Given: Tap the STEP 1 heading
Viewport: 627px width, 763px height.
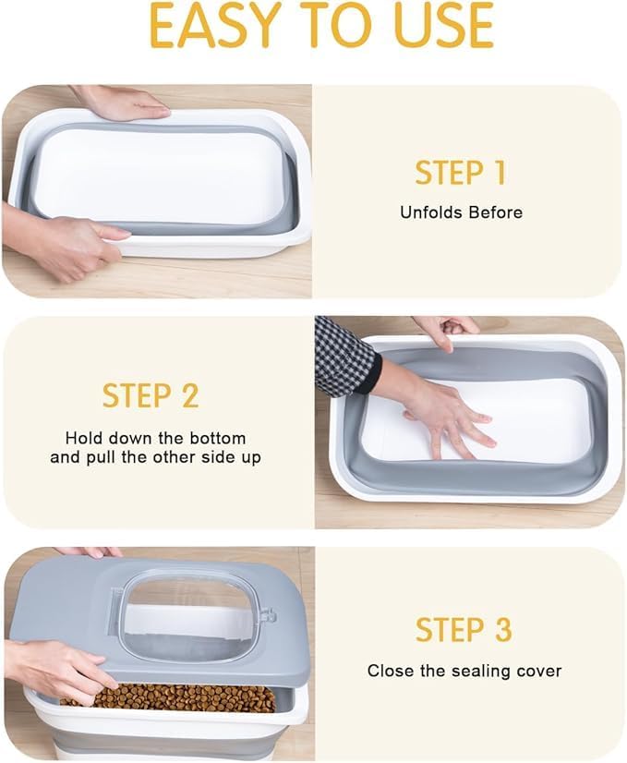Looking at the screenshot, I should pyautogui.click(x=460, y=173).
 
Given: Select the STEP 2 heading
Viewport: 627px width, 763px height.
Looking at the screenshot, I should pyautogui.click(x=151, y=395).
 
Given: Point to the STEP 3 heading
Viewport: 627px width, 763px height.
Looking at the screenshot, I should pyautogui.click(x=464, y=630).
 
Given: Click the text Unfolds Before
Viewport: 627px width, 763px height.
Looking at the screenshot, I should pyautogui.click(x=461, y=212).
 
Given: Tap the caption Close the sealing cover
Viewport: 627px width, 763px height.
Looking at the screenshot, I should pyautogui.click(x=464, y=672).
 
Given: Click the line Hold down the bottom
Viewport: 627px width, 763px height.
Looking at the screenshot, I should pyautogui.click(x=155, y=438).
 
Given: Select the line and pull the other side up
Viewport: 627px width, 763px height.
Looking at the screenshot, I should pyautogui.click(x=155, y=457).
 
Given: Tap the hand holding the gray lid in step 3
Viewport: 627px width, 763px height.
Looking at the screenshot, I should pyautogui.click(x=55, y=668).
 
